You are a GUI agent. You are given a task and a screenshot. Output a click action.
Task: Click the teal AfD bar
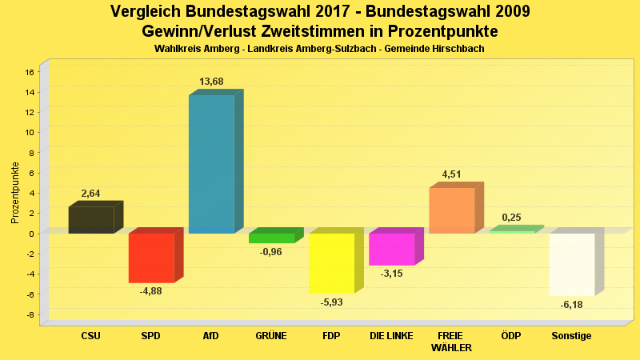coord(211,164)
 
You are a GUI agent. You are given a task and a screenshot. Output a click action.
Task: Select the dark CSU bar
coord(91,220)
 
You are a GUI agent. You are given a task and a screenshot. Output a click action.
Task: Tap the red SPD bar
coord(151,258)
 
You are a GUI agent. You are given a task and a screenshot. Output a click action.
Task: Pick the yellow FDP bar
coord(331,263)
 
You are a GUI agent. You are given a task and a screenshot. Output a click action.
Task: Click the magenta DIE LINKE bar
coord(391,249)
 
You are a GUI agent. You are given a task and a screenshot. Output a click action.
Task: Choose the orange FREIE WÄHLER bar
coord(452,210)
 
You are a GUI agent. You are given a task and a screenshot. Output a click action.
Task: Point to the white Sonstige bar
coord(572,264)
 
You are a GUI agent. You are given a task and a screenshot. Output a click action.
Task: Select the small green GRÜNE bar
coord(271,238)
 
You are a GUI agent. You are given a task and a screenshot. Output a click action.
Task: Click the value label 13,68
coord(211,82)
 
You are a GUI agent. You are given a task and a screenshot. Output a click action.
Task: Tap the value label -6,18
coord(571,305)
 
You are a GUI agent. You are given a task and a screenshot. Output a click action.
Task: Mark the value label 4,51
coord(452,174)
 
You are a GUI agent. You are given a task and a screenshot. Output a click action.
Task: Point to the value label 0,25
coord(512,218)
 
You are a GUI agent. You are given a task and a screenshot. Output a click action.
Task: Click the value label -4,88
coord(151,290)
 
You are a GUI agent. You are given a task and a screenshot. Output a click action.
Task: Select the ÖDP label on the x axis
coord(511,336)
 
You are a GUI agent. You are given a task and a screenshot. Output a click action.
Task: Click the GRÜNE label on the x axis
coord(271,336)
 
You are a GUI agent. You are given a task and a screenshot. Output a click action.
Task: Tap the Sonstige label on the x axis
coord(571,336)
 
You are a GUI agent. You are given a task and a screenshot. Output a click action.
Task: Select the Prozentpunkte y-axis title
coord(15,193)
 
